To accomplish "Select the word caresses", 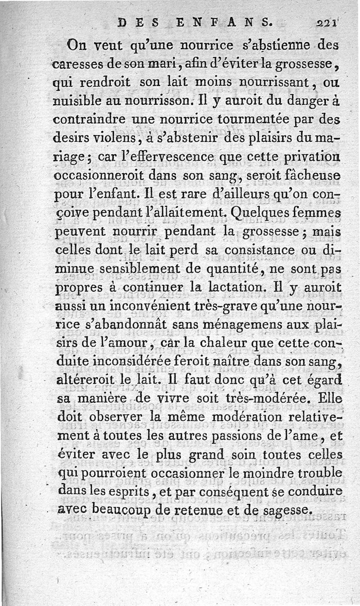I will pos(80,64).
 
